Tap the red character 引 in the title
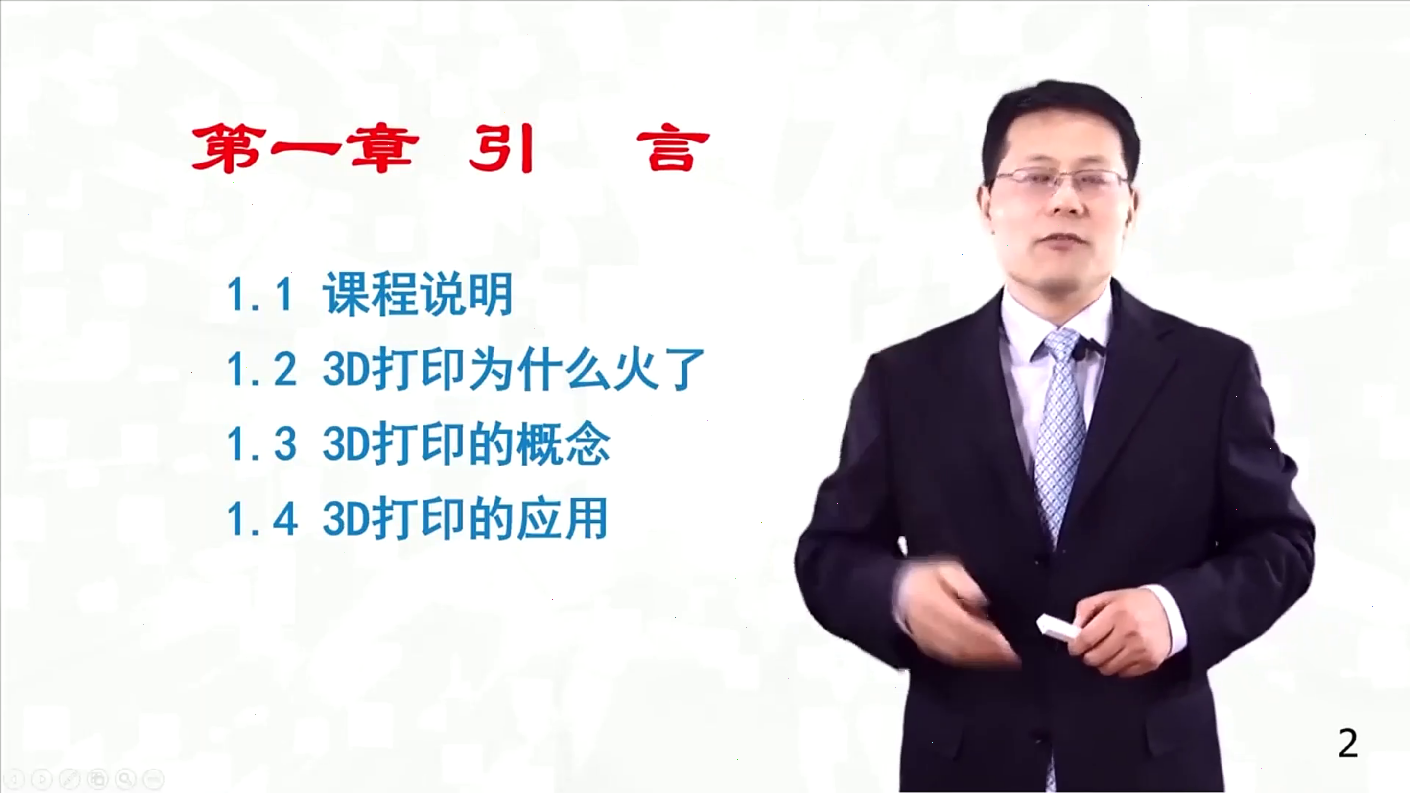tap(501, 148)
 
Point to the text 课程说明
tap(418, 294)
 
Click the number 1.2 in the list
tap(261, 370)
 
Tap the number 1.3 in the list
tap(261, 444)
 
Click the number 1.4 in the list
tap(261, 519)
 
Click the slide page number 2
tap(1348, 744)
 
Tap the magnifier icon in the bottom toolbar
tap(125, 778)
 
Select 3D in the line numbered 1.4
tap(345, 519)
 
